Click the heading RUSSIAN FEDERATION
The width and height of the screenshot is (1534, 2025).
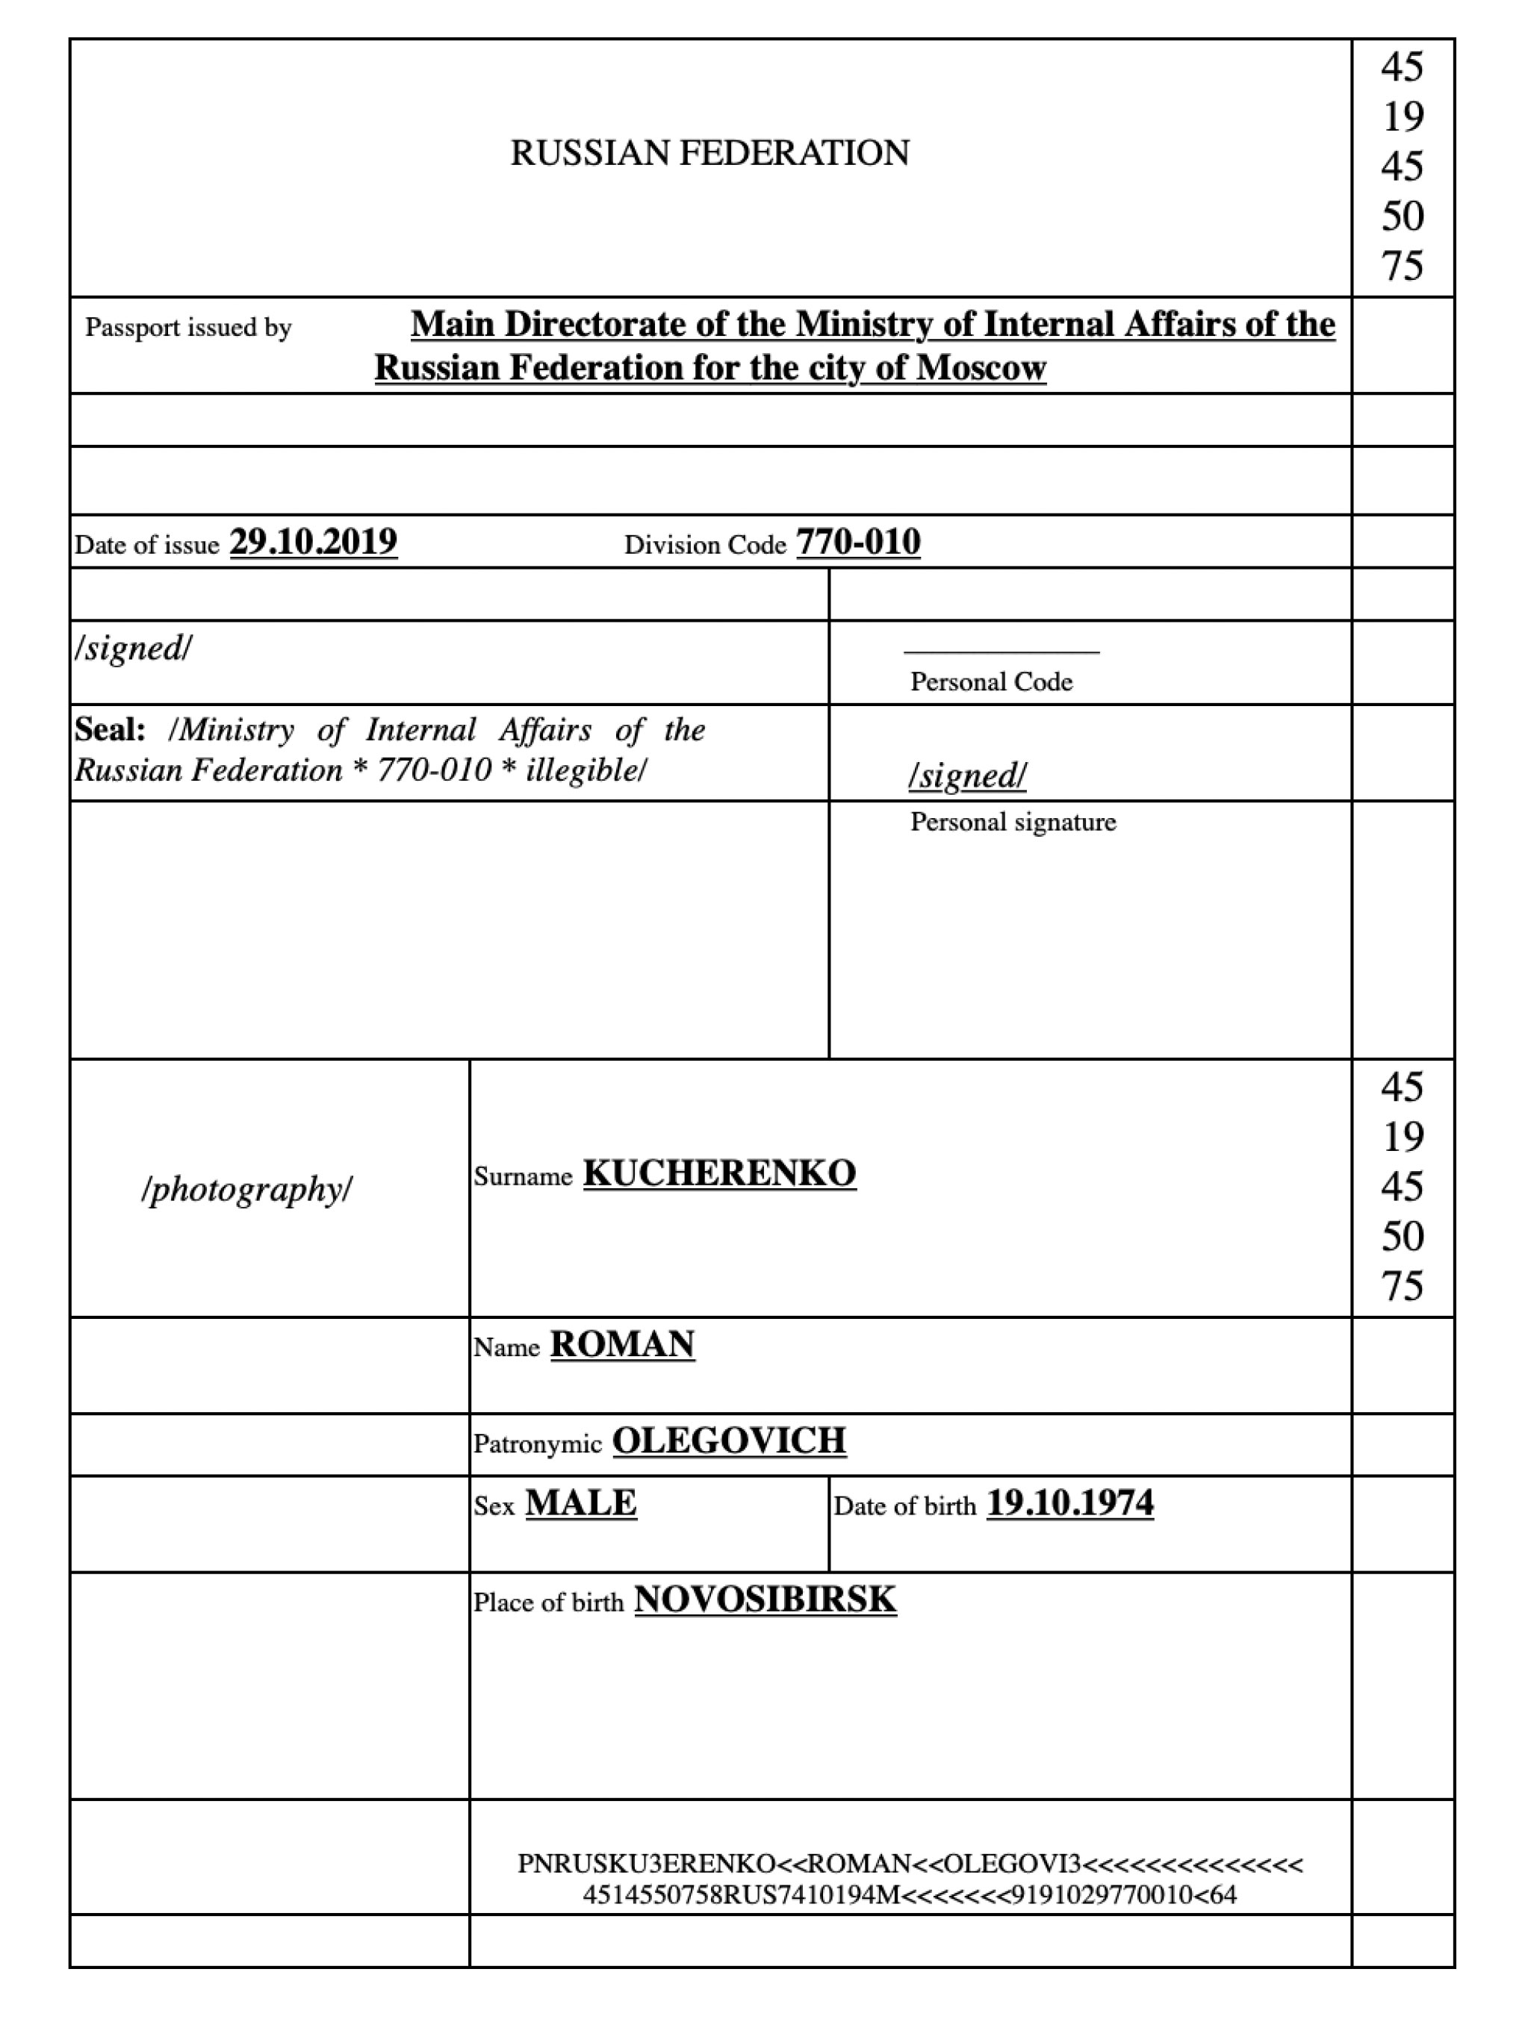[709, 153]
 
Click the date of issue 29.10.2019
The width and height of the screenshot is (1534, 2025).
[313, 542]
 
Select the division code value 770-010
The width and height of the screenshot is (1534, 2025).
[858, 542]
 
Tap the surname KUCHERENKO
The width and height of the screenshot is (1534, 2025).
[720, 1173]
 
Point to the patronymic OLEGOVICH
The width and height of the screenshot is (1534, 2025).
[729, 1440]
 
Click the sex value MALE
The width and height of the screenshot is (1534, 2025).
[580, 1503]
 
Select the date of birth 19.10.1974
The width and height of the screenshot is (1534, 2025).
[1069, 1503]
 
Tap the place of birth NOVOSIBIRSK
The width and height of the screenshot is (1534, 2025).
[766, 1600]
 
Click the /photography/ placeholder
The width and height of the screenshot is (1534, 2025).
[247, 1189]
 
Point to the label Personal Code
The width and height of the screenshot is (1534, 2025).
[991, 682]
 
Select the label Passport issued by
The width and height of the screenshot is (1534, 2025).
[189, 328]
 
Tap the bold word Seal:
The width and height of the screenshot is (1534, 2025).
[110, 730]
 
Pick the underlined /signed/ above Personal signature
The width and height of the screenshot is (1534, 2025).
[967, 776]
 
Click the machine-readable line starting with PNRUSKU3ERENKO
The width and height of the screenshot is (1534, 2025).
[910, 1864]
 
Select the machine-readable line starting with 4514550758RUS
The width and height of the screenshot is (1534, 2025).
[910, 1894]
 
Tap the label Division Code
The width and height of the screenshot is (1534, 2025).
[705, 546]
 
